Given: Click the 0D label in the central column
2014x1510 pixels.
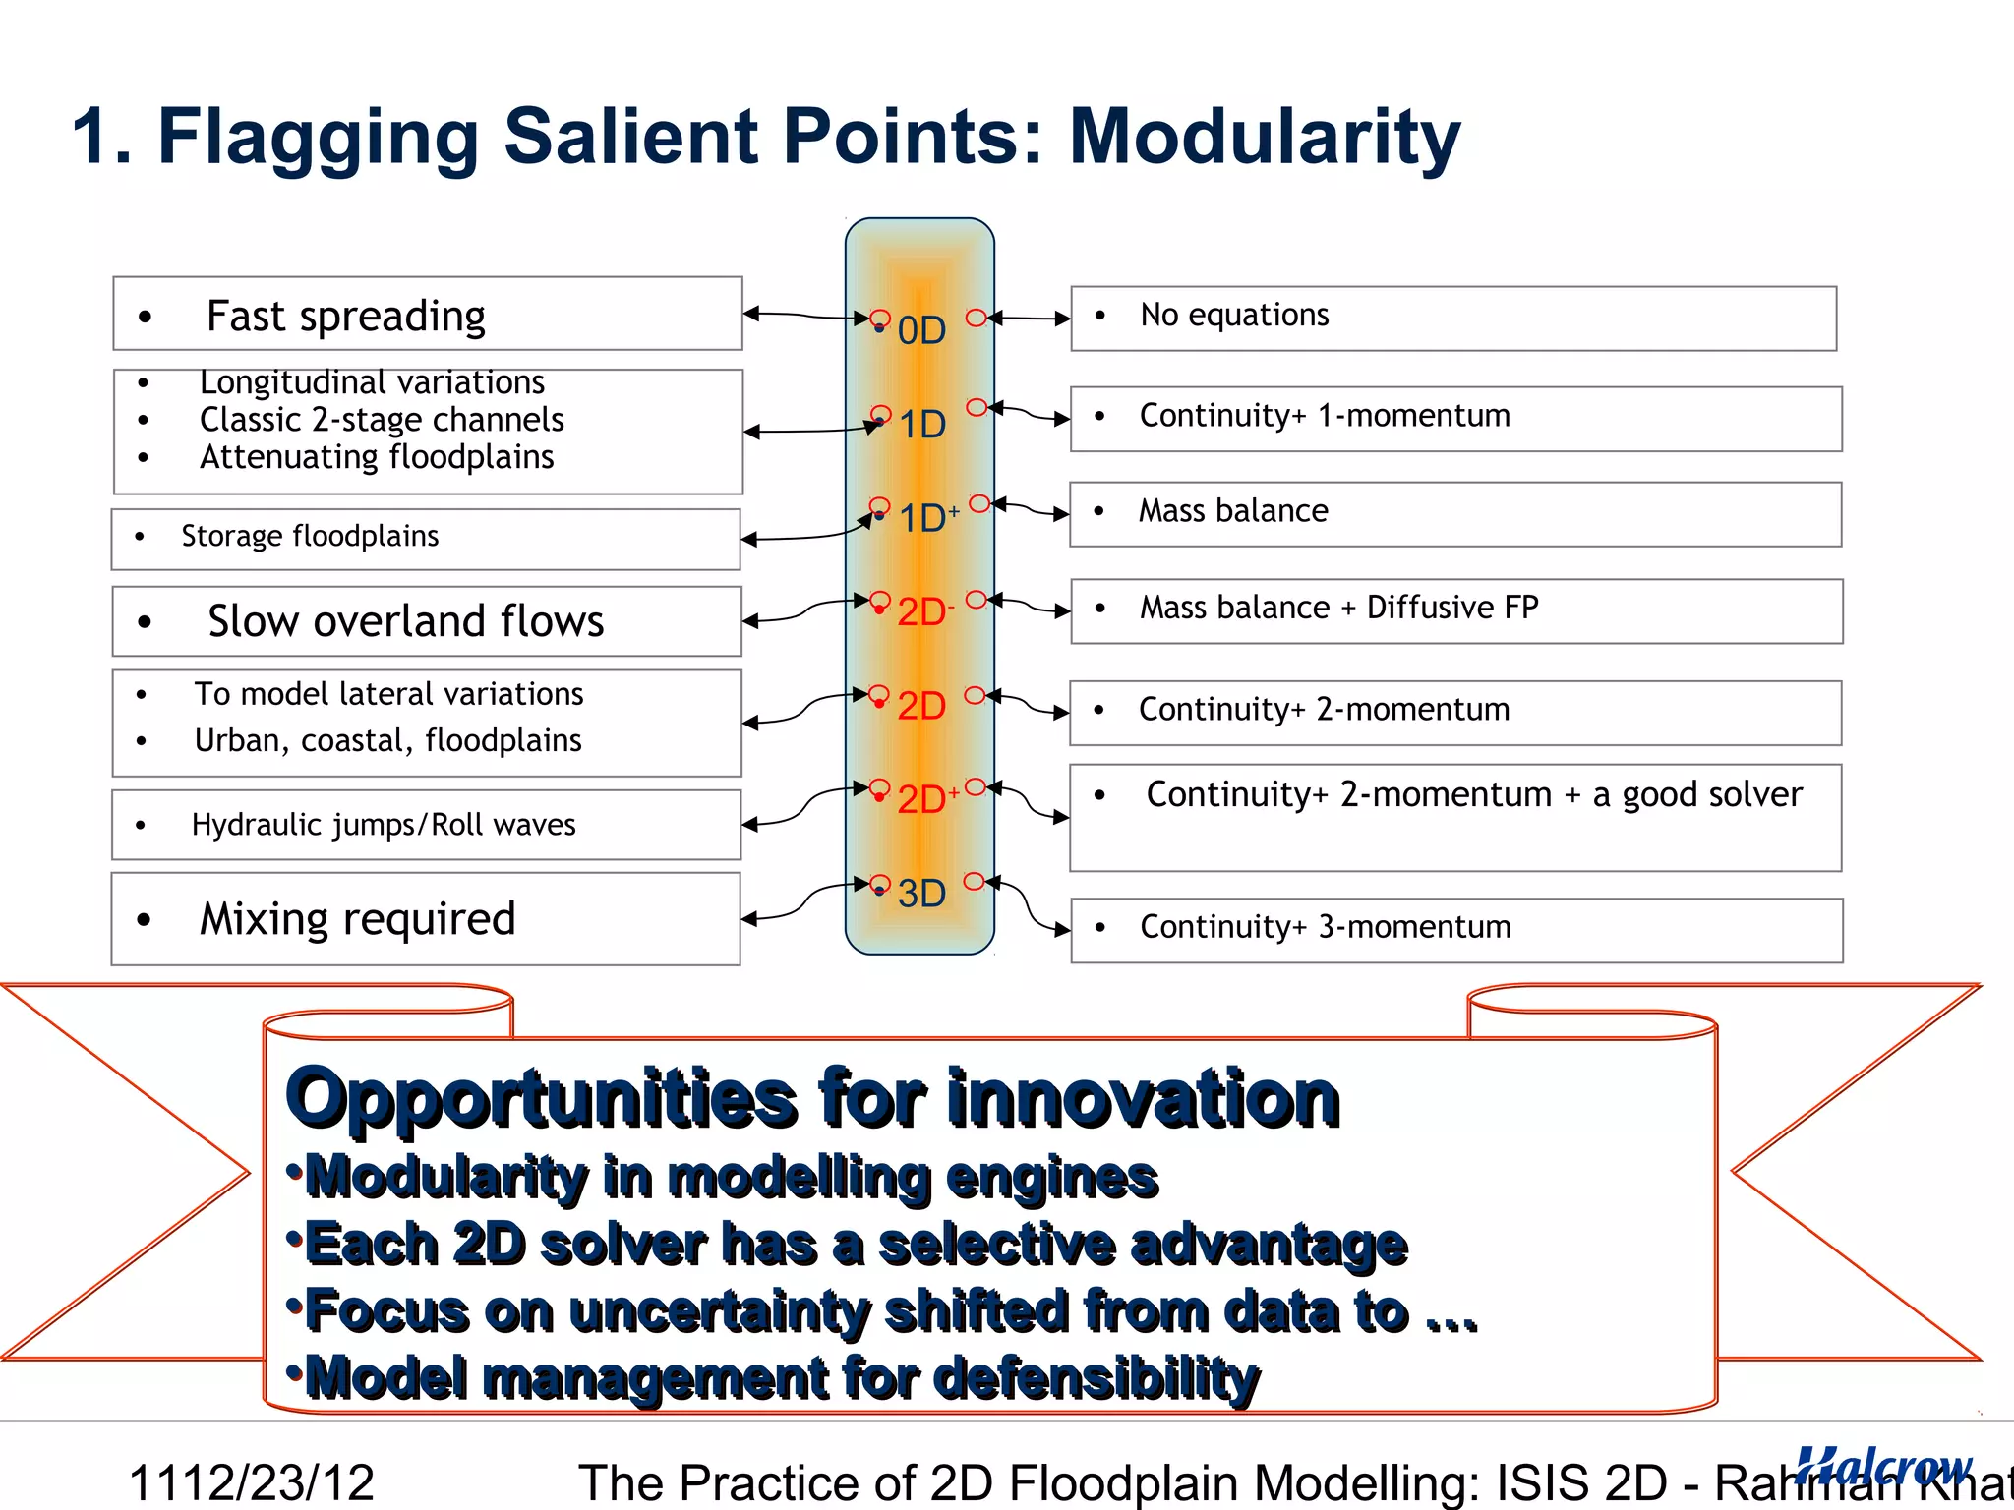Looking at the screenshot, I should pyautogui.click(x=921, y=330).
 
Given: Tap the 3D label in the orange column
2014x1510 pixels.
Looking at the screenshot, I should pyautogui.click(x=921, y=894).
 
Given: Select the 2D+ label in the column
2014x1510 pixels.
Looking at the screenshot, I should pyautogui.click(x=926, y=799).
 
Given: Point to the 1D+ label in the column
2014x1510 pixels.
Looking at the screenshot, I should pyautogui.click(x=927, y=518).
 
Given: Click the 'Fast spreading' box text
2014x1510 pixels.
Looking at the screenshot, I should pyautogui.click(x=345, y=316).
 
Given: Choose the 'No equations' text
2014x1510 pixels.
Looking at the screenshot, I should pyautogui.click(x=1233, y=316).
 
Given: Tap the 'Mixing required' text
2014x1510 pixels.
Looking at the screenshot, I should pyautogui.click(x=357, y=919).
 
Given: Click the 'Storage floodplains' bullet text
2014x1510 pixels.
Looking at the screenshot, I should pyautogui.click(x=310, y=537).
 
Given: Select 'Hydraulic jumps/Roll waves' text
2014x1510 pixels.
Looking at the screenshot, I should pyautogui.click(x=384, y=825).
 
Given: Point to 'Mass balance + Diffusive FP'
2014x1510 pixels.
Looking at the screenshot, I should pyautogui.click(x=1338, y=608).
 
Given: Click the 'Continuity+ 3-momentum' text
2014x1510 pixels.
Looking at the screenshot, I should pyautogui.click(x=1325, y=927).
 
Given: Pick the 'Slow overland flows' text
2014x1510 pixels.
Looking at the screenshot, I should pyautogui.click(x=405, y=621).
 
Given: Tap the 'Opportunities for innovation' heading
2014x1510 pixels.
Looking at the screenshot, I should pyautogui.click(x=812, y=1098).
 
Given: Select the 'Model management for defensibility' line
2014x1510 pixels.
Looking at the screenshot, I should pyautogui.click(x=782, y=1377).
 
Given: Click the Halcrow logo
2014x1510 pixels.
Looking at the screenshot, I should pyautogui.click(x=1882, y=1466).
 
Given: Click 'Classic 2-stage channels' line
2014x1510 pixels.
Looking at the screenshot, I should pyautogui.click(x=382, y=420).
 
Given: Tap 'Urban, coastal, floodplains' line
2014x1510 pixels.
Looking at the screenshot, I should pyautogui.click(x=387, y=740).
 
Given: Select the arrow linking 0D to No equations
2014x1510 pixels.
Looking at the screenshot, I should pyautogui.click(x=1030, y=319).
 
